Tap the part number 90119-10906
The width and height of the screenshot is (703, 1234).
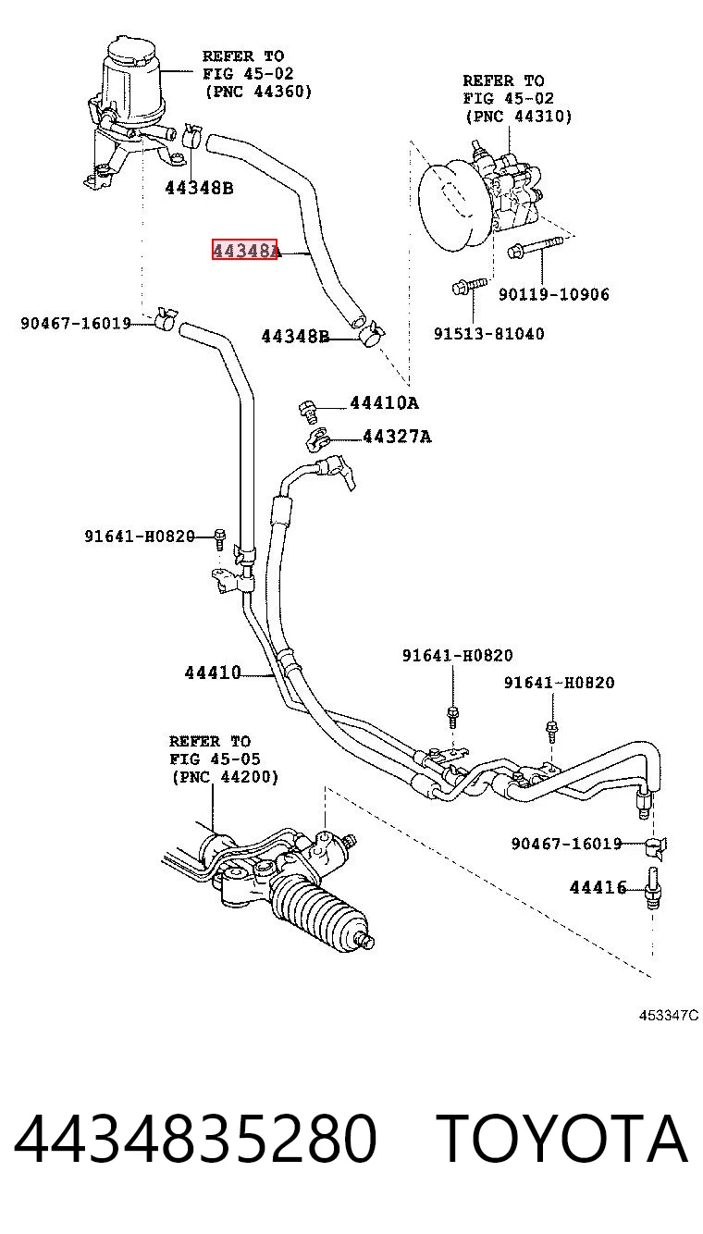[554, 294]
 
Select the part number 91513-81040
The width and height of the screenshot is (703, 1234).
[488, 333]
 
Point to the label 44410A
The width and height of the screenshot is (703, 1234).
[385, 402]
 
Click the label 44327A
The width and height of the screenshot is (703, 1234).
[397, 437]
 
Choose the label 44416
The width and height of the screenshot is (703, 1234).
[598, 887]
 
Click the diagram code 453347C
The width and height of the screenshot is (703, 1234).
[668, 1015]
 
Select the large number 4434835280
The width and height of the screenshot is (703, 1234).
[195, 1138]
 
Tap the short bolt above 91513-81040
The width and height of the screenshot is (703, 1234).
[470, 286]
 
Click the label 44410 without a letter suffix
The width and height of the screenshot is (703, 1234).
[213, 673]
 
